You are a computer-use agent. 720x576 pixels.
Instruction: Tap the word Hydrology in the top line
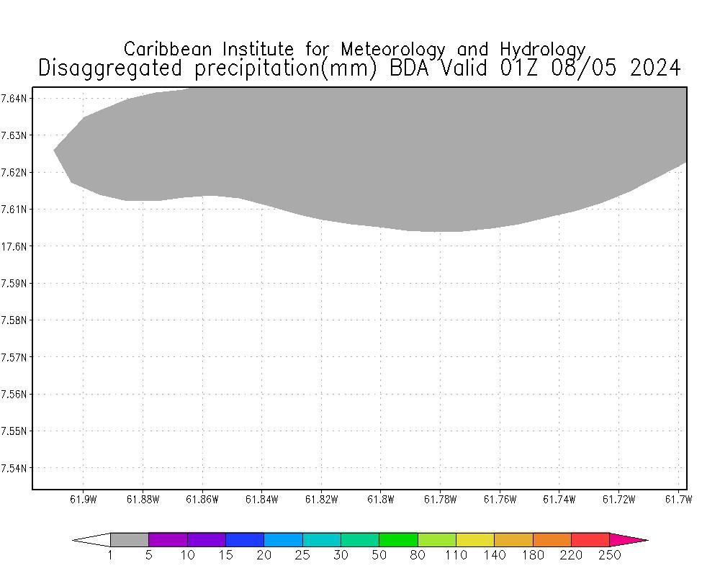(542, 50)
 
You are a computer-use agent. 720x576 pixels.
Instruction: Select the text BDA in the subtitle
(411, 68)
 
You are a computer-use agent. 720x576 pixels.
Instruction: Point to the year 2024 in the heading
(654, 68)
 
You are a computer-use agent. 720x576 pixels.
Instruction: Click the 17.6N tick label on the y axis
(14, 246)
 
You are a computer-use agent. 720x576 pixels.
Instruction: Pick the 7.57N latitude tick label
(14, 357)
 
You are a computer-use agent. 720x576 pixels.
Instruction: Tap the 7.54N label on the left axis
(14, 468)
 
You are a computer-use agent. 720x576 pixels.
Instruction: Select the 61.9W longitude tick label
(83, 500)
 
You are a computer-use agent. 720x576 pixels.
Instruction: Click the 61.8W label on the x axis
(380, 500)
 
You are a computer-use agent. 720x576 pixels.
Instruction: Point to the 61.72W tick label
(617, 500)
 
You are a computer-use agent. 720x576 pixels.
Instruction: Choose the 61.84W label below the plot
(261, 500)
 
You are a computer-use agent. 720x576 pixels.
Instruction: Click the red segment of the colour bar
(590, 539)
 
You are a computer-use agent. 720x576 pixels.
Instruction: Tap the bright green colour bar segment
(398, 539)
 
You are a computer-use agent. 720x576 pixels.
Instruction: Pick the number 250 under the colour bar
(609, 555)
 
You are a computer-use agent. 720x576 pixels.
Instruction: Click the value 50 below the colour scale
(379, 555)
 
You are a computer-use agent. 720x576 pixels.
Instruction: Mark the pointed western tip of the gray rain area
(55, 150)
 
